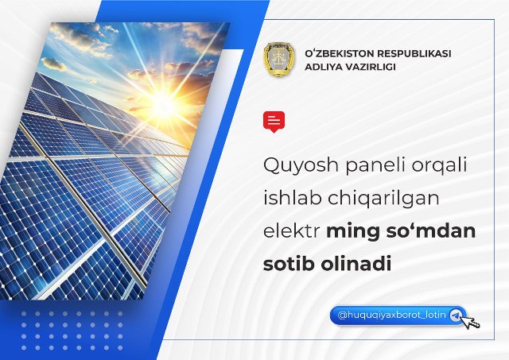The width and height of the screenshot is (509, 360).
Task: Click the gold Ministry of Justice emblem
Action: (x=279, y=60)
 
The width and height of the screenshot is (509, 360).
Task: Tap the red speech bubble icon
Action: (x=274, y=122)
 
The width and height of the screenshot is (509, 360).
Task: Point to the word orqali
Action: (x=439, y=165)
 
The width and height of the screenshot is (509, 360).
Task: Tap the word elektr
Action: (x=291, y=231)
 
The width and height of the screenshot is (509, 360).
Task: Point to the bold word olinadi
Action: (x=356, y=264)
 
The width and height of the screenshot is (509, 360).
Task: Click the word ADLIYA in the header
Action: (x=321, y=67)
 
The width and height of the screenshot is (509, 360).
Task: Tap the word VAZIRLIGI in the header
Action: (x=367, y=67)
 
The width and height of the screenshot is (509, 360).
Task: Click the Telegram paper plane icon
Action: (x=456, y=315)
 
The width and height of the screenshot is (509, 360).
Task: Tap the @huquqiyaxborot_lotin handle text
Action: (x=392, y=315)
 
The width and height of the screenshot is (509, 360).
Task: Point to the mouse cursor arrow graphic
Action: (x=470, y=322)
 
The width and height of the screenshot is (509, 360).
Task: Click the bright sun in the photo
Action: (x=161, y=104)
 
